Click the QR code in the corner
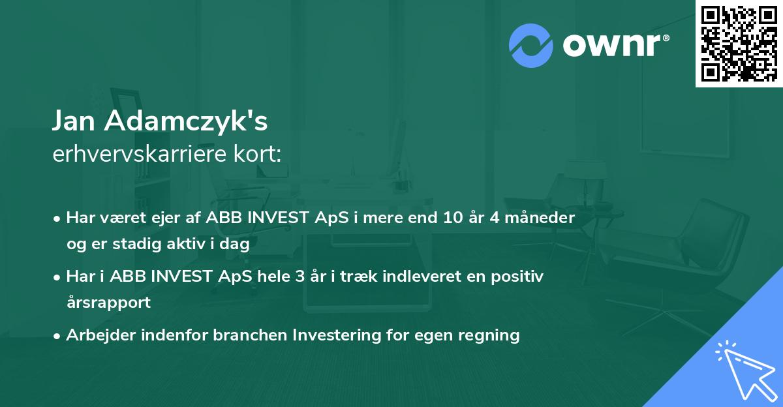click(739, 44)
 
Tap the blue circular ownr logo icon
click(530, 46)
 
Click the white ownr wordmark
click(616, 45)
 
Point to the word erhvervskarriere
click(140, 154)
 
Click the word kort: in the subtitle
click(257, 154)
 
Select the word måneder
click(540, 218)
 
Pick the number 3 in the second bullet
click(300, 277)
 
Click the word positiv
click(517, 277)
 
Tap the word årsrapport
click(108, 303)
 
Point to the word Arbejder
click(101, 335)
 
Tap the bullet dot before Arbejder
click(57, 337)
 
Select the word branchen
click(250, 335)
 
